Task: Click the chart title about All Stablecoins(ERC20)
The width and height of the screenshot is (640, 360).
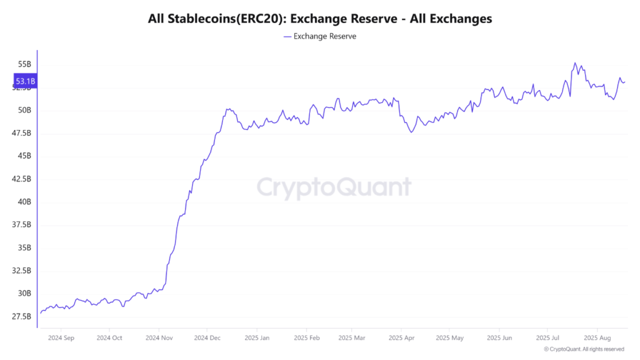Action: (x=319, y=19)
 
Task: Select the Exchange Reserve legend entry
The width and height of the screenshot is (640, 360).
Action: (x=319, y=36)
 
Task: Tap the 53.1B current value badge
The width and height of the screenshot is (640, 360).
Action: (x=25, y=81)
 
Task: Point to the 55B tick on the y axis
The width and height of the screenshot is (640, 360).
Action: (x=24, y=64)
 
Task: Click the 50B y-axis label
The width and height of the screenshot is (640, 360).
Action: (x=24, y=110)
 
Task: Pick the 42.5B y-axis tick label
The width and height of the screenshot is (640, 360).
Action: (x=22, y=179)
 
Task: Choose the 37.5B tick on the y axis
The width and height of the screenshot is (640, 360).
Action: (x=22, y=224)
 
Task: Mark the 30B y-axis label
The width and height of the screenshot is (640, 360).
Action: (x=24, y=293)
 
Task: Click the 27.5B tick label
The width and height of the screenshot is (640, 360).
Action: (x=22, y=316)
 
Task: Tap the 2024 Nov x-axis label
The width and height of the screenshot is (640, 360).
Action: (x=159, y=337)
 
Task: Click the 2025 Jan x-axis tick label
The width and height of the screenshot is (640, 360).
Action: (x=256, y=337)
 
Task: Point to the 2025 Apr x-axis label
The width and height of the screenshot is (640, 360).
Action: (x=402, y=337)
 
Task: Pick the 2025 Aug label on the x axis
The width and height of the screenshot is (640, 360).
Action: (x=597, y=337)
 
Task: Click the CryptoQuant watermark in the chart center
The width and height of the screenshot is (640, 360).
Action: (x=334, y=187)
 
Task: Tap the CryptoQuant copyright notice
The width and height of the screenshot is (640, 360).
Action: (x=584, y=349)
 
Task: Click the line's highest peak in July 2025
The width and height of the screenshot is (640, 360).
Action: (x=575, y=63)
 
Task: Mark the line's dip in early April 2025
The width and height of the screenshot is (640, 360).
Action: (x=411, y=132)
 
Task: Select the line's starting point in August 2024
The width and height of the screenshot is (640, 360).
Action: (x=41, y=312)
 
